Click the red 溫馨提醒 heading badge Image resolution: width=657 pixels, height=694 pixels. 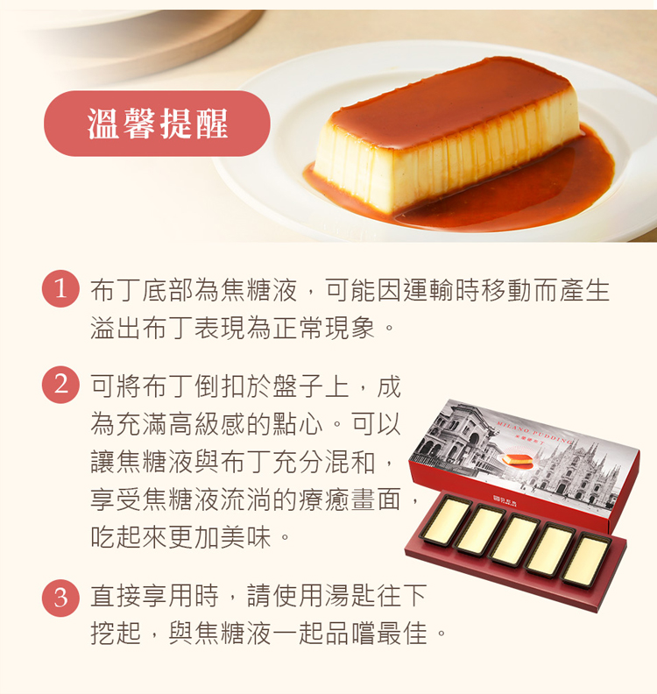pyautogui.click(x=157, y=123)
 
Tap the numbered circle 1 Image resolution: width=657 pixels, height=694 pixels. pyautogui.click(x=60, y=288)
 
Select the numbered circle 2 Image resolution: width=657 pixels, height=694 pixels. pyautogui.click(x=60, y=384)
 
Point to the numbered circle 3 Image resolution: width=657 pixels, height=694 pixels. pyautogui.click(x=60, y=598)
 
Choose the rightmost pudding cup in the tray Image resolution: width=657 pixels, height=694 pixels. pyautogui.click(x=587, y=561)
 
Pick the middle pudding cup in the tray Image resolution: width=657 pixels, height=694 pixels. pyautogui.click(x=515, y=540)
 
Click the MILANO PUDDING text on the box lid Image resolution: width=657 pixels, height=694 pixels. pyautogui.click(x=534, y=430)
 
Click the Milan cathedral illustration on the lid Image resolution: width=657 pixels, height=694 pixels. pyautogui.click(x=576, y=473)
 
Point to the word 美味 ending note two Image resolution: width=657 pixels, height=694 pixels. pyautogui.click(x=245, y=537)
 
